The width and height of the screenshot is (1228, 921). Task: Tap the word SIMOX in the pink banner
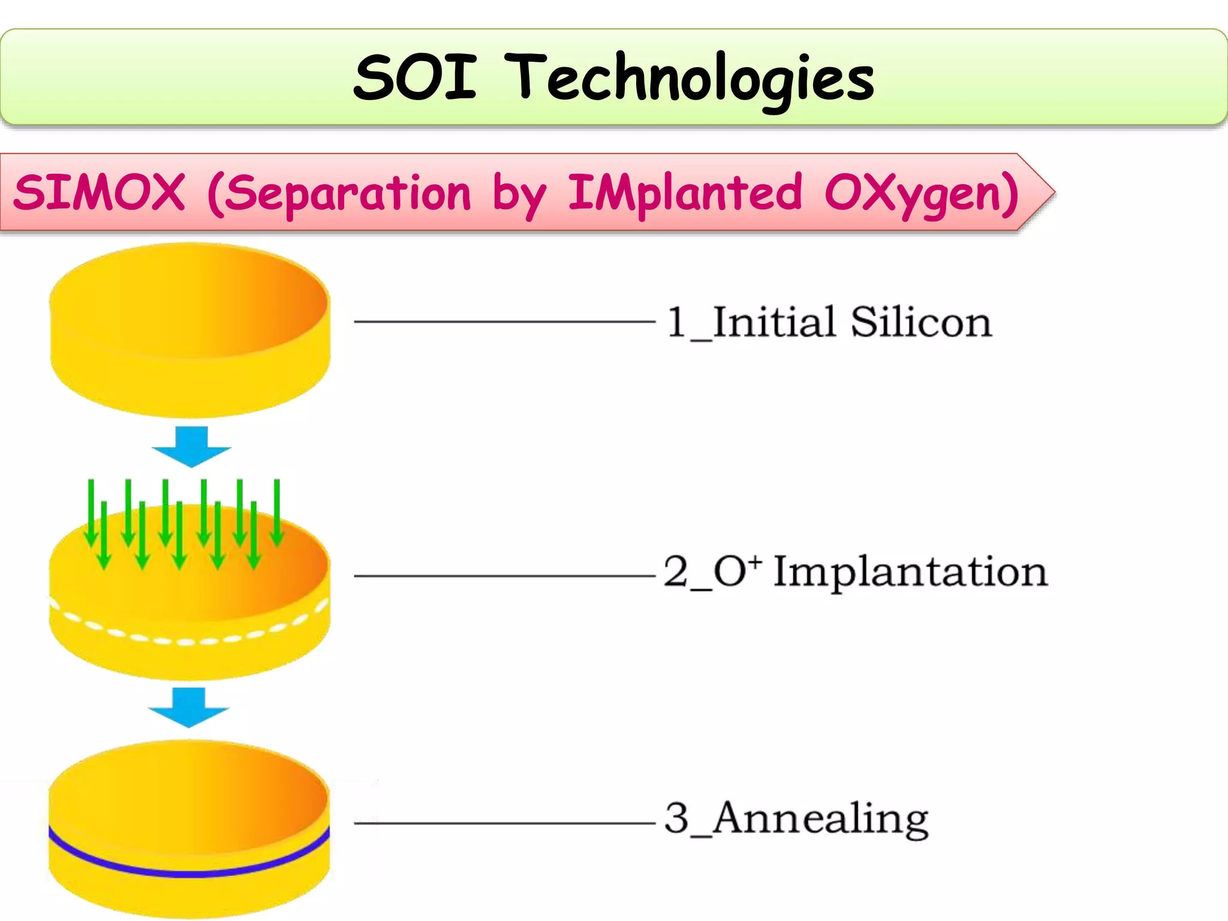pyautogui.click(x=99, y=192)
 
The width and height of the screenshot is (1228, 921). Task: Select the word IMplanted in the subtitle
pyautogui.click(x=684, y=194)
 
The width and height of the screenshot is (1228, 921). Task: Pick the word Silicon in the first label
pyautogui.click(x=921, y=322)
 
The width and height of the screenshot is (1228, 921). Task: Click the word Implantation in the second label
pyautogui.click(x=910, y=571)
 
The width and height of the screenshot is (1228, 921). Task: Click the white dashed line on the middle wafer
pyautogui.click(x=189, y=640)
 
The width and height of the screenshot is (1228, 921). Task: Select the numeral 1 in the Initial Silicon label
pyautogui.click(x=676, y=322)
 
